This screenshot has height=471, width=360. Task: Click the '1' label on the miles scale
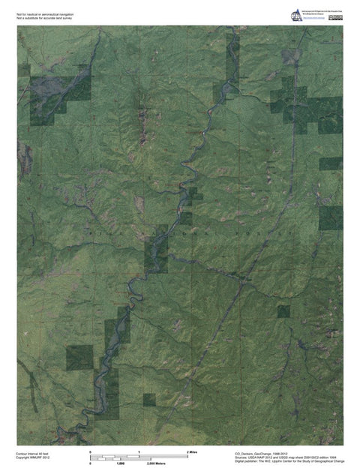tap(139, 453)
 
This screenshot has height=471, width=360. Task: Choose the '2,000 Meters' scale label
tap(156, 464)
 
